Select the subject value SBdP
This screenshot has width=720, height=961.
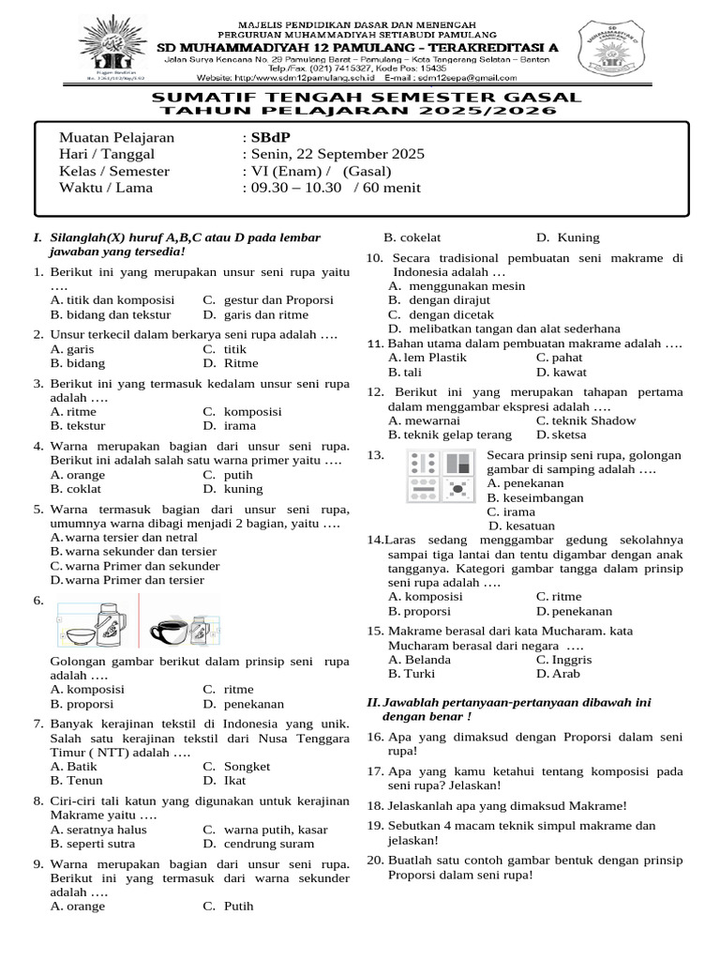point(267,138)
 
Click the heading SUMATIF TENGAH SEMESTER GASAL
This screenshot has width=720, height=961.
point(367,98)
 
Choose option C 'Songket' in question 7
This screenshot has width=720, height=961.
point(247,766)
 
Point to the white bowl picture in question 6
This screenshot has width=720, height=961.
point(76,633)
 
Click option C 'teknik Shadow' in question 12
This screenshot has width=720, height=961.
point(586,420)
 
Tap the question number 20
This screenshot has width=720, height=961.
point(373,860)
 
